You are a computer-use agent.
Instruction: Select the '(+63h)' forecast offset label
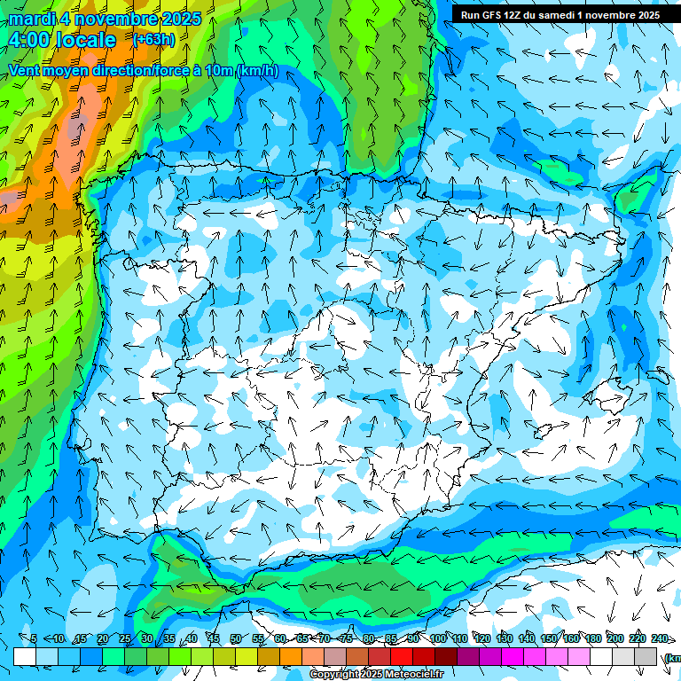click(153, 40)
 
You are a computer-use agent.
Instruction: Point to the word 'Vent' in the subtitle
click(27, 71)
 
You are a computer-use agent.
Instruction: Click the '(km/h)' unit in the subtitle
click(257, 71)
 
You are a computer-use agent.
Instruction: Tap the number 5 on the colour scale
click(34, 638)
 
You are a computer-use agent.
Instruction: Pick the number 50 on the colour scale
click(235, 638)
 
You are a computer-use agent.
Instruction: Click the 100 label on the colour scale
click(437, 638)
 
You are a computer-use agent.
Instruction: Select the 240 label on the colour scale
click(660, 638)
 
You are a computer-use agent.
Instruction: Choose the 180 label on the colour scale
click(591, 638)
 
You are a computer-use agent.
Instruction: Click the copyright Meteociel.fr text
click(376, 675)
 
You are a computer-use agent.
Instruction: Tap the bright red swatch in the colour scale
click(402, 656)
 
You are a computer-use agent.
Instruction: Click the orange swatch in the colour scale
click(291, 656)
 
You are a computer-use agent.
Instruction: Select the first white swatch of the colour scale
click(25, 656)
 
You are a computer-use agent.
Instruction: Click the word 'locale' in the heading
click(85, 40)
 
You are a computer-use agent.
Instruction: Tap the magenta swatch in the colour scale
click(513, 656)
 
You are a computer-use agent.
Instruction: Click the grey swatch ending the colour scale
click(646, 656)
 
